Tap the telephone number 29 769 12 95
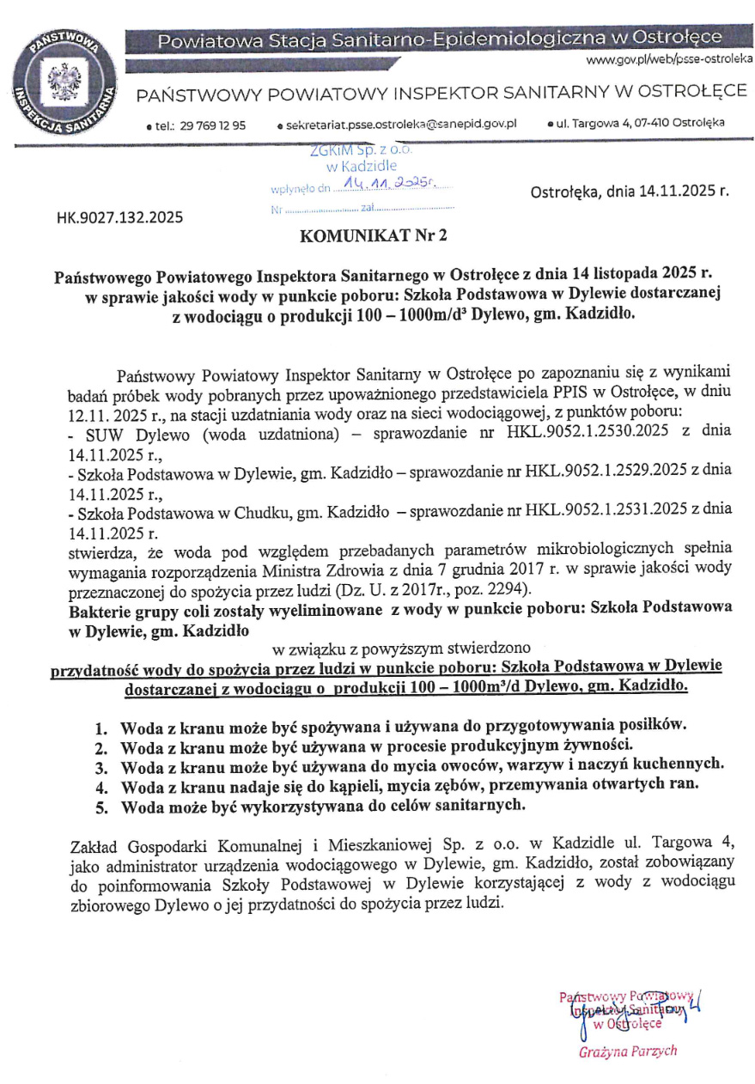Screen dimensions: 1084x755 pyautogui.click(x=213, y=125)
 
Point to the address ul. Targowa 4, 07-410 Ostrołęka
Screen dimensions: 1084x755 pyautogui.click(x=640, y=123)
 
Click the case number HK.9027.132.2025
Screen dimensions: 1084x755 pyautogui.click(x=119, y=217)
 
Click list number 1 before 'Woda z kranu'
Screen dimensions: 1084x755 pyautogui.click(x=100, y=728)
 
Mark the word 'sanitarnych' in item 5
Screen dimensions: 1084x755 pyautogui.click(x=470, y=806)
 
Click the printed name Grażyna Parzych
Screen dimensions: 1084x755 pyautogui.click(x=627, y=1051)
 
